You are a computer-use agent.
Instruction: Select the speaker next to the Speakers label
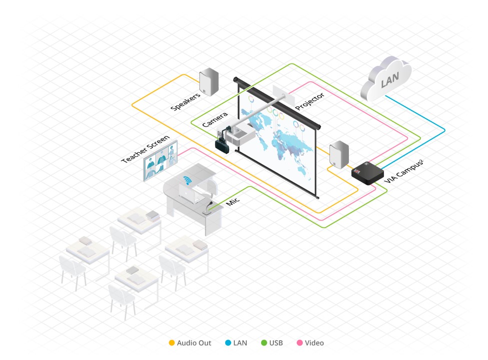coord(209,82)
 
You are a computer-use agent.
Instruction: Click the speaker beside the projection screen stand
coord(339,153)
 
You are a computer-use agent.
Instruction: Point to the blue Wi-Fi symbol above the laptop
coord(188,180)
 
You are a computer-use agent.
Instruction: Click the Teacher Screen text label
coord(145,148)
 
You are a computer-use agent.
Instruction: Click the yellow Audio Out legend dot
coord(171,343)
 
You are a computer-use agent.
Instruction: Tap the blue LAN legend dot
coord(227,343)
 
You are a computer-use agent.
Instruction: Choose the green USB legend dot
coord(264,343)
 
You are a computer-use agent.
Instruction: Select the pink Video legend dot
coord(299,343)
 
